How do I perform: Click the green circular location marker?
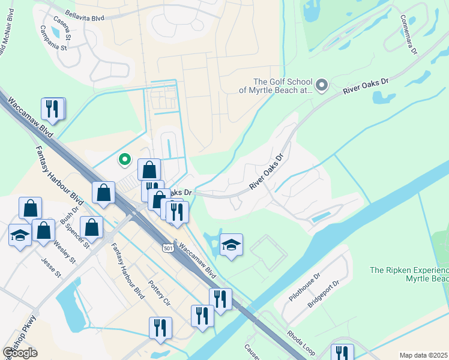pos(125,159)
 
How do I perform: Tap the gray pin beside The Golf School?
pos(322,85)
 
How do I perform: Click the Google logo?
pos(20,352)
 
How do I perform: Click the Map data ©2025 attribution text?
pos(423,355)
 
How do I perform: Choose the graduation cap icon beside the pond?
pos(231,244)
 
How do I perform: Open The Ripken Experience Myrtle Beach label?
pos(409,275)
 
